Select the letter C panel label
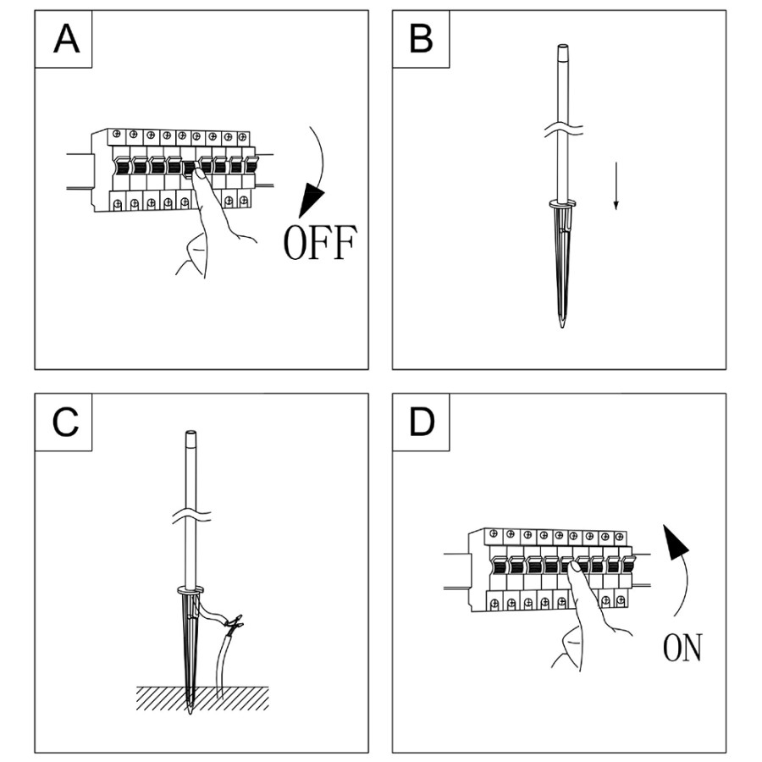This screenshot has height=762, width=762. pos(66,422)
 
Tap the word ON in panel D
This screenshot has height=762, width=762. pos(682,649)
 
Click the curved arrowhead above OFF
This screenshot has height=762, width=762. pos(312,203)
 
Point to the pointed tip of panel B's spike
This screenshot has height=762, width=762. pos(562,326)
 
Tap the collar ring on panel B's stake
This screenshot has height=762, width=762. pos(562,203)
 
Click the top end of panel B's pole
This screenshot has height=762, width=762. pos(562,47)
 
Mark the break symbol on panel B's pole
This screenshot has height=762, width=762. pos(562,130)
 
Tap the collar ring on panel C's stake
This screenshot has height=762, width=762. pos(191,589)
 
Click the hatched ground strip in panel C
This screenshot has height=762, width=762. pos(203,697)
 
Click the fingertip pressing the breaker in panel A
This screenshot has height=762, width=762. pos(196,173)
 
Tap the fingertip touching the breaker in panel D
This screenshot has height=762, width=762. pos(572,570)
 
